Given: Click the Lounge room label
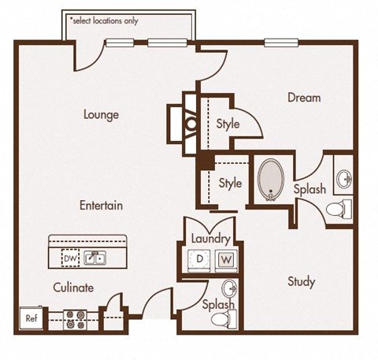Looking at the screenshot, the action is tap(101, 115).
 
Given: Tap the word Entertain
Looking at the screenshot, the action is tap(101, 205).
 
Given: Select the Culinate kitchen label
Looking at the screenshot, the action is tap(73, 288).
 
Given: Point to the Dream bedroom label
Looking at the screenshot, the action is tap(304, 98).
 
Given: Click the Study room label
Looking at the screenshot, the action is tap(302, 282).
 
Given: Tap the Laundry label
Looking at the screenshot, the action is tap(211, 239).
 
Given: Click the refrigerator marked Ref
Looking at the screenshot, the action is tap(31, 318).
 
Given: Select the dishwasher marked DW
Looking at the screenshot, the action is tap(70, 258).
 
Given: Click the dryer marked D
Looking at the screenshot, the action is tap(199, 259).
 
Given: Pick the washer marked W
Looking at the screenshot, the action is tap(226, 259).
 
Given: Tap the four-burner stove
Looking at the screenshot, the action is tap(75, 320).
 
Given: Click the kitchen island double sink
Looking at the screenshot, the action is tap(95, 258).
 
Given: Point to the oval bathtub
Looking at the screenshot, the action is tap(271, 180).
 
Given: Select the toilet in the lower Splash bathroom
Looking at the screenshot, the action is tap(224, 319).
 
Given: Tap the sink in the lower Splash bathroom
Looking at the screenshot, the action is tap(230, 288).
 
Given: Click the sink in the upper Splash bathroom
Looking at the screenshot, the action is tap(344, 180).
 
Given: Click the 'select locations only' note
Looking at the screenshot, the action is tap(104, 20).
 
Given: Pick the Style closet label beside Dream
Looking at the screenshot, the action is tap(228, 124).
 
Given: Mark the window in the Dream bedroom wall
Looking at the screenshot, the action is tap(281, 43).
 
